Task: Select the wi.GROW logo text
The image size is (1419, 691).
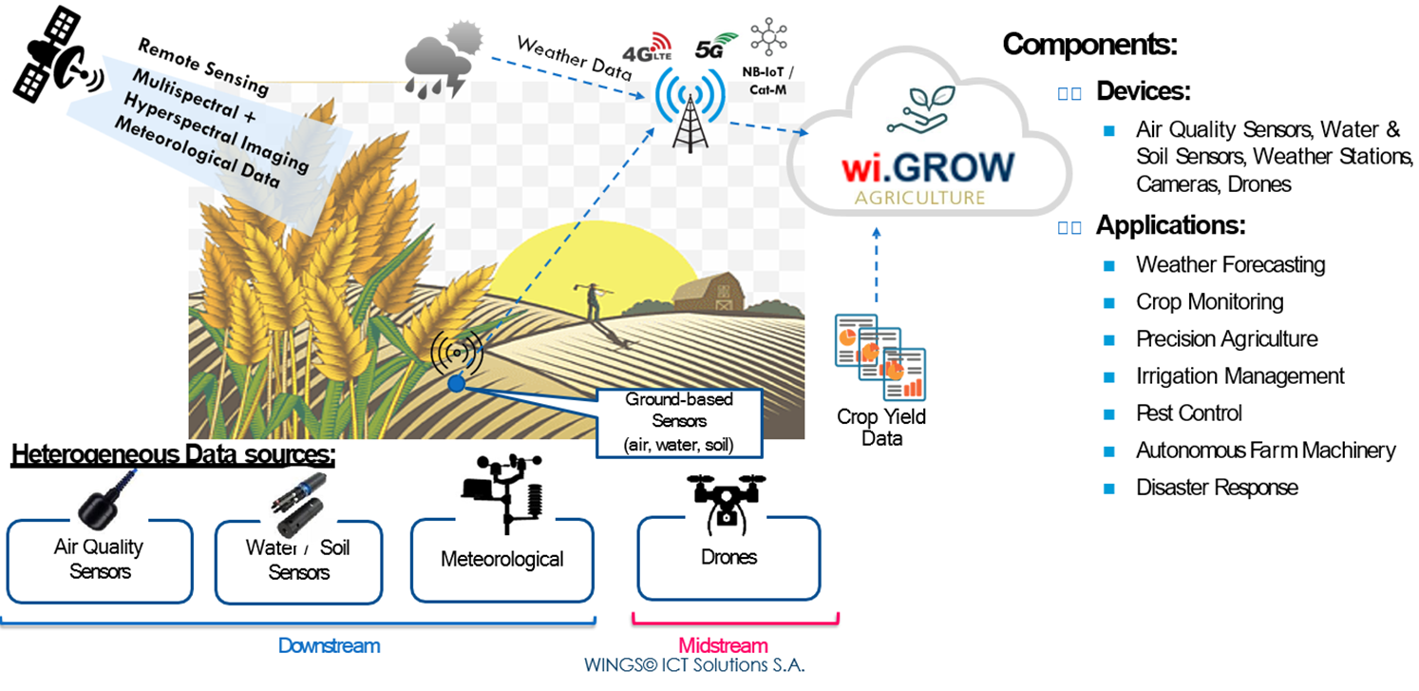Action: click(x=927, y=167)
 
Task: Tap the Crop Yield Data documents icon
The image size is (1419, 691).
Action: click(x=880, y=359)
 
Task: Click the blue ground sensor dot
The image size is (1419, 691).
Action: click(x=457, y=384)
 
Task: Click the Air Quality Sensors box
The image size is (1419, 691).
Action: click(x=99, y=560)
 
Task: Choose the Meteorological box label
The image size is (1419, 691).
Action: click(x=501, y=559)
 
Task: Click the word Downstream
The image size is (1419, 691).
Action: click(x=329, y=646)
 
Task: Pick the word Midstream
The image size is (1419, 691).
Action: click(x=723, y=646)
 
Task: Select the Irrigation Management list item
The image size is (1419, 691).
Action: click(x=1239, y=376)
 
